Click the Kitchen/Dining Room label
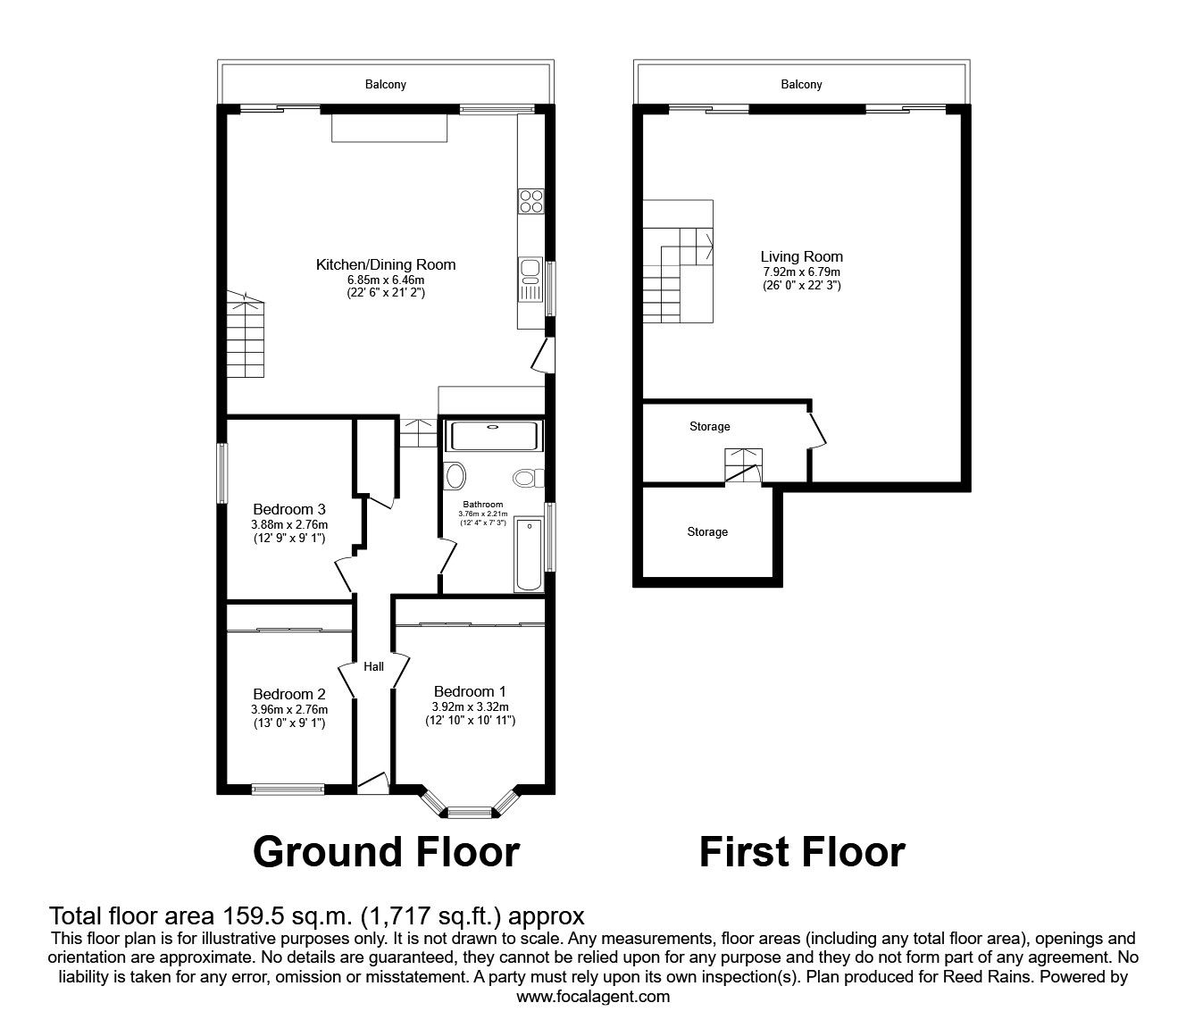tap(385, 264)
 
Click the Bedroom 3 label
tap(289, 510)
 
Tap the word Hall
tap(373, 666)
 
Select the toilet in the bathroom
tap(529, 478)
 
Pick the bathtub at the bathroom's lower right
tap(529, 554)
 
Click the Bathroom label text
tap(482, 505)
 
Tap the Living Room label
tap(801, 256)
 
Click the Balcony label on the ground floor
tap(385, 85)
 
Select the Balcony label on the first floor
tap(801, 85)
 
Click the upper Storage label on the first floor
tap(709, 427)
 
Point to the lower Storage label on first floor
tap(706, 532)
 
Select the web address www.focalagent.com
tap(593, 997)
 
